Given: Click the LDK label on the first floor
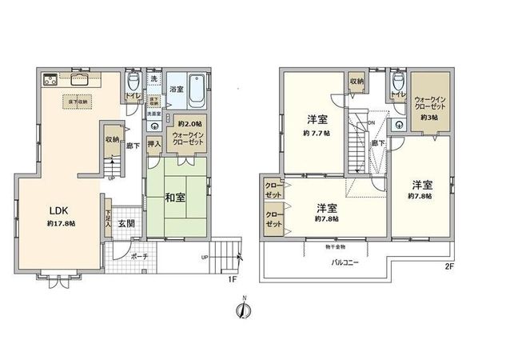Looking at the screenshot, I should coord(58,210).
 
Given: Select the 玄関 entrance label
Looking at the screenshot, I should coord(126,223).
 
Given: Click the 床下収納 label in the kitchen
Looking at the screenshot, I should coord(78,102).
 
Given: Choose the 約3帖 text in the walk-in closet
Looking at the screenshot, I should coord(430,117).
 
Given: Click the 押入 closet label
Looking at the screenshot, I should coord(155,145).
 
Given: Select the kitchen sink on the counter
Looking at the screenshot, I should coord(81,78).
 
